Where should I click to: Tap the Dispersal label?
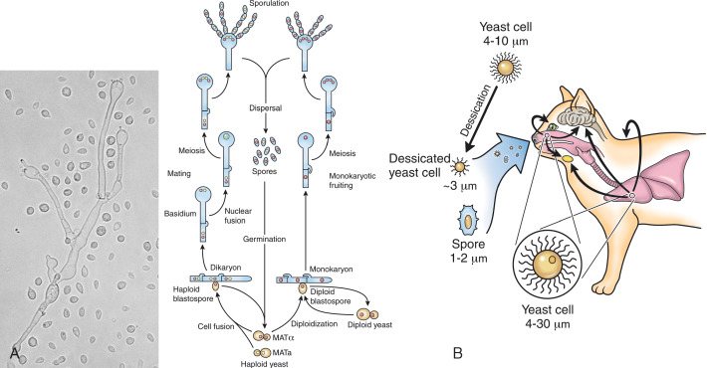point(266,108)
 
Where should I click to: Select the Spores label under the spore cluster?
point(265,172)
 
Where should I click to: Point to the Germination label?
point(264,239)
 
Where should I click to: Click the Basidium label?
point(180,214)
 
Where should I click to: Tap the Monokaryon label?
point(329,269)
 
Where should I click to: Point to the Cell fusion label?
point(216,326)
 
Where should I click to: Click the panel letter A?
point(14,354)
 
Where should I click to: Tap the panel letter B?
point(457,353)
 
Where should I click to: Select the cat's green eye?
point(551,126)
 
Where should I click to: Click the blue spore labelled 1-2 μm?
point(468,221)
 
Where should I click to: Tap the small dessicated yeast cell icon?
point(459,167)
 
